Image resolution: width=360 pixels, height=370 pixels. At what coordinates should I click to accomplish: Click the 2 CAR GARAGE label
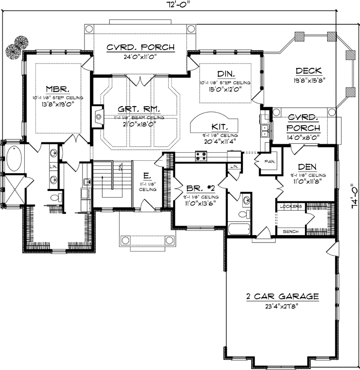[x=282, y=297]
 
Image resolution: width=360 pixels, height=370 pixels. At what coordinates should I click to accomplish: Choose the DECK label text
[x=308, y=70]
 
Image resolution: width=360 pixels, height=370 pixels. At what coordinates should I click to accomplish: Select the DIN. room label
[x=225, y=73]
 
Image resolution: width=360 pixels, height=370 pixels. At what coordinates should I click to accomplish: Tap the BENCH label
[x=290, y=231]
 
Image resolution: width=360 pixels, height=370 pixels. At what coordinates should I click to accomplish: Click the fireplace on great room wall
[x=98, y=117]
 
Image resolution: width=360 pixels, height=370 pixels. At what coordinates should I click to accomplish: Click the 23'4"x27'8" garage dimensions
[x=282, y=306]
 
